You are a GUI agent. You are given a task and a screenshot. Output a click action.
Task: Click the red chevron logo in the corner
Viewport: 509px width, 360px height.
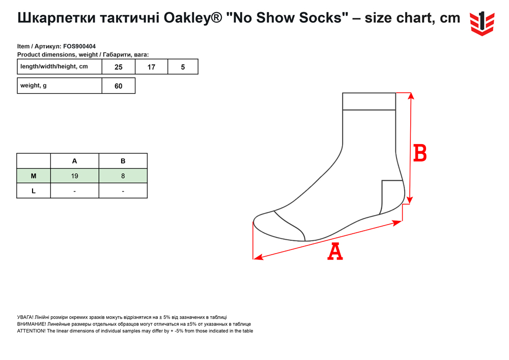click(482, 23)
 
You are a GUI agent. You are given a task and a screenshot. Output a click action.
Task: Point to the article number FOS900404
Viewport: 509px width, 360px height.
click(79, 46)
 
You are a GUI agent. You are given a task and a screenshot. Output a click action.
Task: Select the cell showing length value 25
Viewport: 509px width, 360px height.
click(119, 67)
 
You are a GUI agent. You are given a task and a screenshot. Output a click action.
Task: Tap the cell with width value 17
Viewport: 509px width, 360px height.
click(151, 67)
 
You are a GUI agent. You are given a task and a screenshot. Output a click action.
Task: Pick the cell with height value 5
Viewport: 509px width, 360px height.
click(183, 67)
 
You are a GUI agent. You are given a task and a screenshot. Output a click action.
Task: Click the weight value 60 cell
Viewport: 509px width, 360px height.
click(119, 86)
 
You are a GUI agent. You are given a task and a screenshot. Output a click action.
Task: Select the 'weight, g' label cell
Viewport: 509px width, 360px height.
click(60, 86)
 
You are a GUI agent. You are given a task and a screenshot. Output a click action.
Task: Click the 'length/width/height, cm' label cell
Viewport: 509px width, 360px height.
click(60, 67)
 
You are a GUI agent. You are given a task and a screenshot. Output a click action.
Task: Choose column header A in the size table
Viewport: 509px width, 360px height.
click(75, 161)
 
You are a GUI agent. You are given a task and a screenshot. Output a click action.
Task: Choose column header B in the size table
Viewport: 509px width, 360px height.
click(123, 161)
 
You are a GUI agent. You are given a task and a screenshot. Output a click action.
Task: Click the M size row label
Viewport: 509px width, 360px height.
click(34, 176)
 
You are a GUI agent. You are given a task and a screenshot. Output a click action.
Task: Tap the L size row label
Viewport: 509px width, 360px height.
click(34, 191)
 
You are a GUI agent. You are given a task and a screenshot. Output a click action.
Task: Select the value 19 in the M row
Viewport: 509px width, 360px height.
click(75, 176)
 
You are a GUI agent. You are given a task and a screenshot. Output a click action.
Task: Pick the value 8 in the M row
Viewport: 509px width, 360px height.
click(123, 176)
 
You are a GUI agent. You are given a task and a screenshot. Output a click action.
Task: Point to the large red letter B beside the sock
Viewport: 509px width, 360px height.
click(420, 153)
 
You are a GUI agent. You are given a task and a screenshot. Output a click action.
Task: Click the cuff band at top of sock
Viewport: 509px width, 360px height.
click(369, 101)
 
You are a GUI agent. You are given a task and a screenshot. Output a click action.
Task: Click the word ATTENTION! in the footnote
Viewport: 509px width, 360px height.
click(31, 331)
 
